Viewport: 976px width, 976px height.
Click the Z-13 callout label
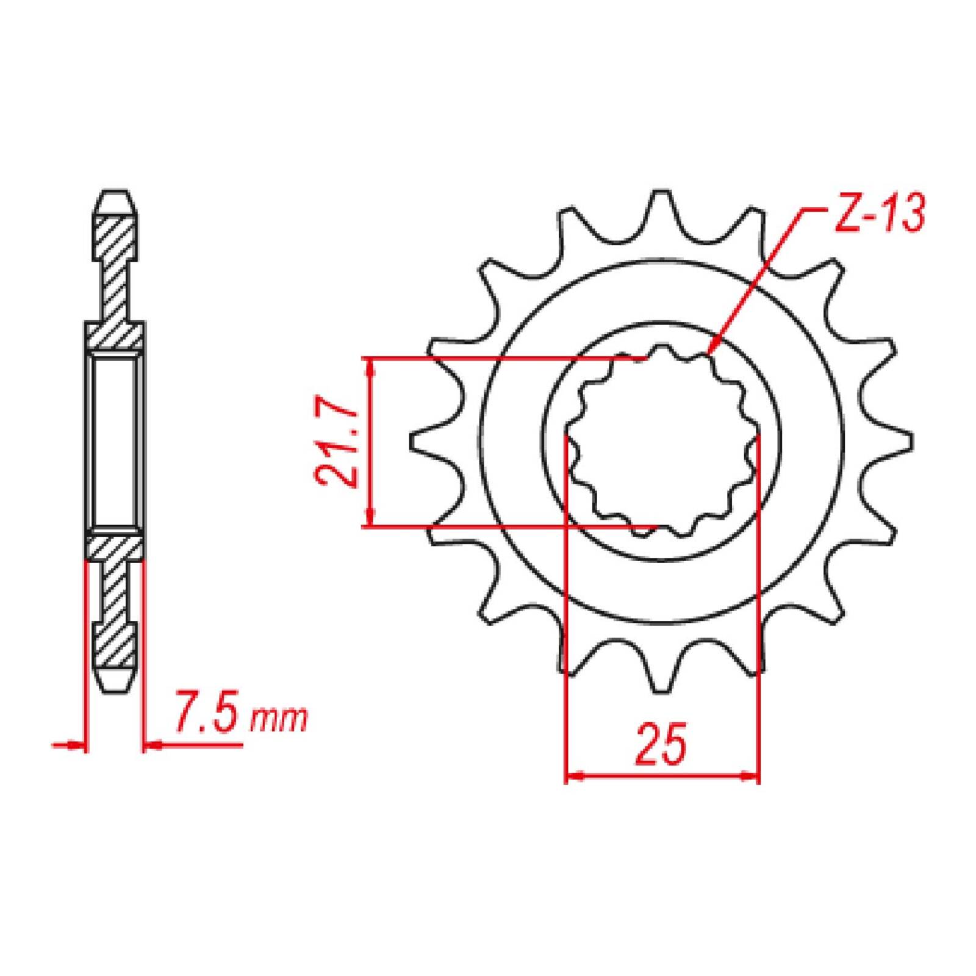[878, 213]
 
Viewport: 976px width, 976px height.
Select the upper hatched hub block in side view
[115, 335]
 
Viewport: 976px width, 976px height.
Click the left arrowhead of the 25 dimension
[574, 777]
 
